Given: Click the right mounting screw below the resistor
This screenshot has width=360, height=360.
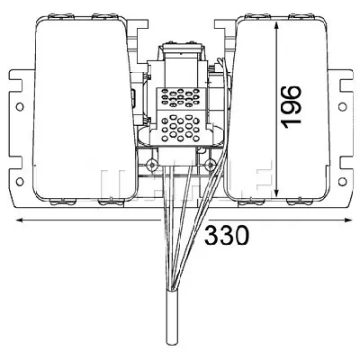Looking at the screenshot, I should tap(210, 165).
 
